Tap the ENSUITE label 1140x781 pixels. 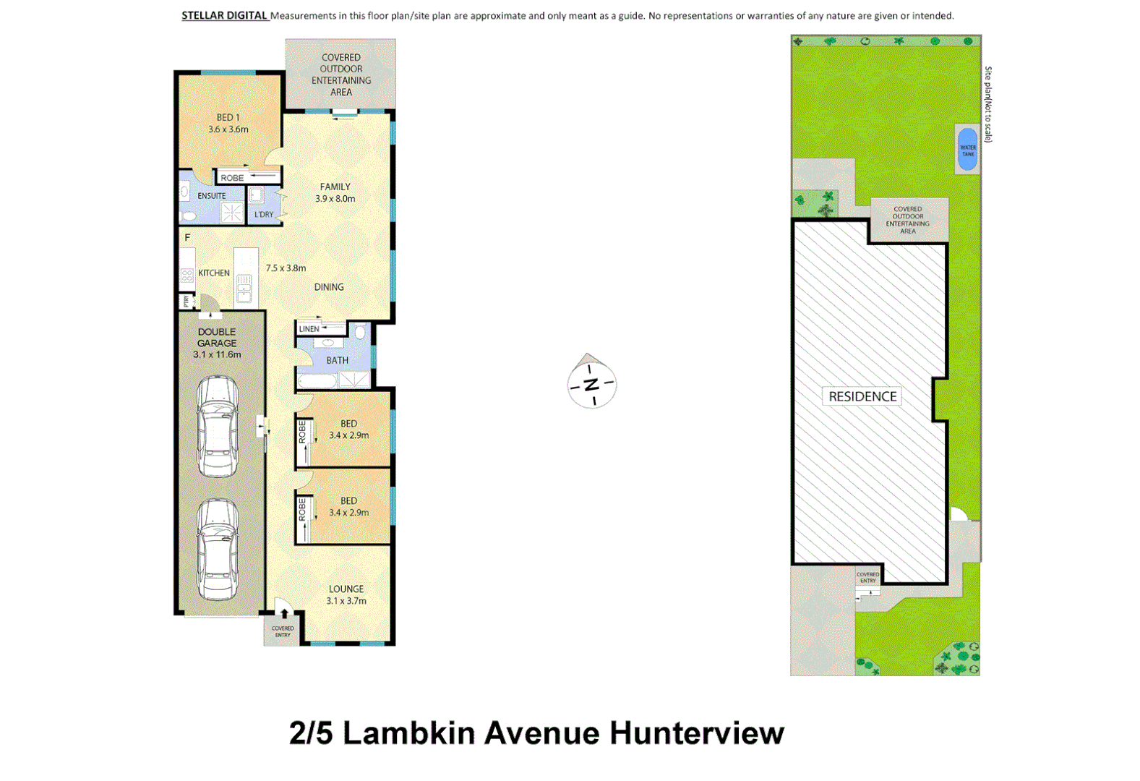pos(211,196)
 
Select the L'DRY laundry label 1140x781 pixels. pos(264,215)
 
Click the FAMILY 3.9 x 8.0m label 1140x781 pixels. pos(335,192)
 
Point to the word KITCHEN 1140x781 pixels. pos(214,273)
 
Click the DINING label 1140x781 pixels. pos(329,287)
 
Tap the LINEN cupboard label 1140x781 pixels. pos(309,329)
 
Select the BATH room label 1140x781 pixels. pos(337,360)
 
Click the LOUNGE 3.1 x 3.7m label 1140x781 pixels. pos(346,594)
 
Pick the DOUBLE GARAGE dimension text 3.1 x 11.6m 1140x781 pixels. pos(217,355)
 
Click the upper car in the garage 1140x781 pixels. pos(218,427)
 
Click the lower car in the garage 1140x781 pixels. pos(218,550)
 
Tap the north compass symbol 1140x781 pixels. pos(591,383)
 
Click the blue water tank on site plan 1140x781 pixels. pos(967,150)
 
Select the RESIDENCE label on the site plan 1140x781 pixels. pos(862,396)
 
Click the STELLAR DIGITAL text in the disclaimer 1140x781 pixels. pos(224,15)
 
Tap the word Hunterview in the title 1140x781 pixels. pos(696,733)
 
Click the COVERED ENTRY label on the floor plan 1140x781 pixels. pos(283,631)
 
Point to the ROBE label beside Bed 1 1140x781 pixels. pos(232,178)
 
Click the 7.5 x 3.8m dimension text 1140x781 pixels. pos(286,268)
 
